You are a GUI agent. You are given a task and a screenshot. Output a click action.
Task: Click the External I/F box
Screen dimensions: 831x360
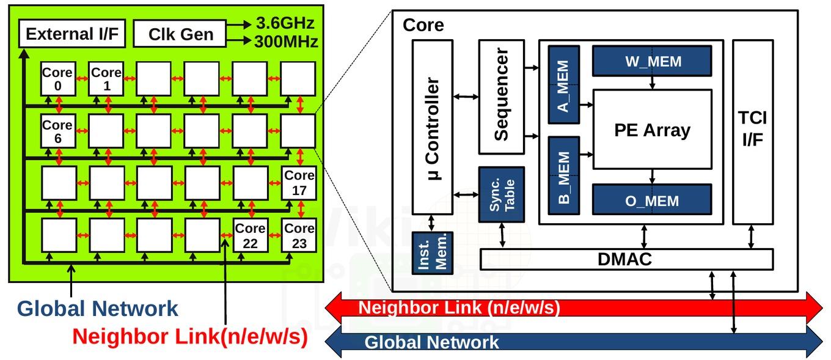click(x=72, y=34)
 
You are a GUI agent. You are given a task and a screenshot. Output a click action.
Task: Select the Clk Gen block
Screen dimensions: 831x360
click(x=180, y=34)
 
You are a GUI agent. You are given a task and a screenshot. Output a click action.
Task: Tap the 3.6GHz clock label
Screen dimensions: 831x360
click(x=285, y=23)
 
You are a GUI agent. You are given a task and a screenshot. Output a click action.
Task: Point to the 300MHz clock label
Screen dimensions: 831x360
click(x=286, y=41)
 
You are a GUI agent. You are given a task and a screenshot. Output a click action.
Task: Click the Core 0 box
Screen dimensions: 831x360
click(x=58, y=79)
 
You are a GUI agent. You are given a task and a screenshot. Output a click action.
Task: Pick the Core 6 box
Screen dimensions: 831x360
click(x=58, y=131)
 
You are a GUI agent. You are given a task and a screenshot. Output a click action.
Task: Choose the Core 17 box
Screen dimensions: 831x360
click(x=299, y=183)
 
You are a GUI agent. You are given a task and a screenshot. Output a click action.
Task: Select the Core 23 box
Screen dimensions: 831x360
click(x=299, y=235)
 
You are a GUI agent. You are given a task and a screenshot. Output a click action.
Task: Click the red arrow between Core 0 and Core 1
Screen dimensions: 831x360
click(x=82, y=78)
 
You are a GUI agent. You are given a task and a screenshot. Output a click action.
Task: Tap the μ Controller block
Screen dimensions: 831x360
click(x=433, y=127)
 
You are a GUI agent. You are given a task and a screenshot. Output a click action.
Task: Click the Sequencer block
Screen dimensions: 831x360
click(x=502, y=97)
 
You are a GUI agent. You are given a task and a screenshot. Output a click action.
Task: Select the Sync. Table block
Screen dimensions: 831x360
click(x=502, y=194)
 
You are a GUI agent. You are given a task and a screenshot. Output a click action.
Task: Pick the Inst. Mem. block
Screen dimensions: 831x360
click(x=433, y=253)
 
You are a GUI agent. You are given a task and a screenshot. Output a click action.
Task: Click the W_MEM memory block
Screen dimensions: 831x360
click(x=652, y=61)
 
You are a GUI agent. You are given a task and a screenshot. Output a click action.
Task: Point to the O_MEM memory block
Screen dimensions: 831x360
click(x=652, y=199)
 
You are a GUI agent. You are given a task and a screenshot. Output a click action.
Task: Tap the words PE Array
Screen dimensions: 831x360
click(x=652, y=130)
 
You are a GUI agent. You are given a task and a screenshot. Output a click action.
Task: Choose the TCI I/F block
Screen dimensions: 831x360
click(x=753, y=132)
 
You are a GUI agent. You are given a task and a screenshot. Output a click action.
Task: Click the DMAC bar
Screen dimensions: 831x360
click(x=626, y=259)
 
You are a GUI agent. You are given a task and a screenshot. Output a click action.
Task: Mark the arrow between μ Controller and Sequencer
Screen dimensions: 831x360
click(x=466, y=97)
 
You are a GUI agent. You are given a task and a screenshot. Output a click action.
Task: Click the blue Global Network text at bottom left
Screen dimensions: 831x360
click(x=98, y=309)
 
